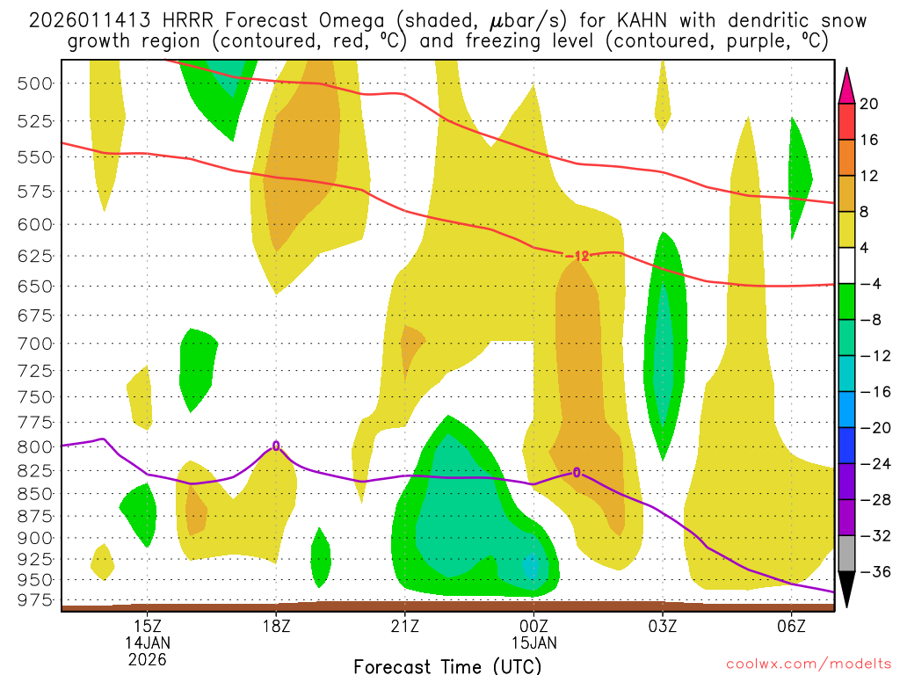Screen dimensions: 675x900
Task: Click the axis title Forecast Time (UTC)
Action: pos(448,666)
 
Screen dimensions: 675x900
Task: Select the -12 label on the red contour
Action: pos(577,256)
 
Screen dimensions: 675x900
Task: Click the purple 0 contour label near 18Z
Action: pos(276,446)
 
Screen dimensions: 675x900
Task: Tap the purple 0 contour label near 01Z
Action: pos(577,473)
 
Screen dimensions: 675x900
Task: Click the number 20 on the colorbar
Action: pos(869,104)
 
